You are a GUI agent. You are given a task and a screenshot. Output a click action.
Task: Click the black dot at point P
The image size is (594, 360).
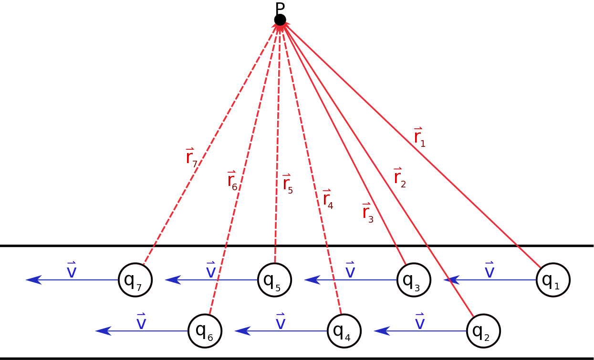(280, 20)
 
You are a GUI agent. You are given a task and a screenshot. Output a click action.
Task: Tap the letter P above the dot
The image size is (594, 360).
(280, 8)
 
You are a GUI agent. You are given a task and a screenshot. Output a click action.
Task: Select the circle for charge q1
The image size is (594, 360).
(553, 280)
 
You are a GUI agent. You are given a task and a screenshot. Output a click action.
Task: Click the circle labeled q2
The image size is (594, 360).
(483, 331)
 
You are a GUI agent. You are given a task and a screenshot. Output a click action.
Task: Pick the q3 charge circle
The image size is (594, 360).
(414, 280)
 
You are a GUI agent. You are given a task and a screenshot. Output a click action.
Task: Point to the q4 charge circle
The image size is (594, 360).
(344, 331)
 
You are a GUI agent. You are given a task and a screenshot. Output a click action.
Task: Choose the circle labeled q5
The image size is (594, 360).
(274, 280)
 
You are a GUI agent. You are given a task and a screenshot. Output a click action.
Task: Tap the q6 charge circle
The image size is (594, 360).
(205, 331)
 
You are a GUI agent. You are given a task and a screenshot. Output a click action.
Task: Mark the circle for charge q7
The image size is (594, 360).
(135, 280)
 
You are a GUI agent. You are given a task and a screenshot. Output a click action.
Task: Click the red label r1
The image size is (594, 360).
(419, 137)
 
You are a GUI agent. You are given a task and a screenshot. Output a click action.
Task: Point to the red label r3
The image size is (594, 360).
(367, 213)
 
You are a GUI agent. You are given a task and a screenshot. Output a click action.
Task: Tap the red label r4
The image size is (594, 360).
(328, 199)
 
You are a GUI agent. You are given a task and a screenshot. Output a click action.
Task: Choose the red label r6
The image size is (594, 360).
(232, 180)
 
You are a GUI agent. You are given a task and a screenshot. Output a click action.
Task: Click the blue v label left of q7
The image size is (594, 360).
(72, 271)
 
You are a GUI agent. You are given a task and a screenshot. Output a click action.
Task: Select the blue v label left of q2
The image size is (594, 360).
(420, 322)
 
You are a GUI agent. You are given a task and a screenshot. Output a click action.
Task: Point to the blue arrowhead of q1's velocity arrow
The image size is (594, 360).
(450, 280)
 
